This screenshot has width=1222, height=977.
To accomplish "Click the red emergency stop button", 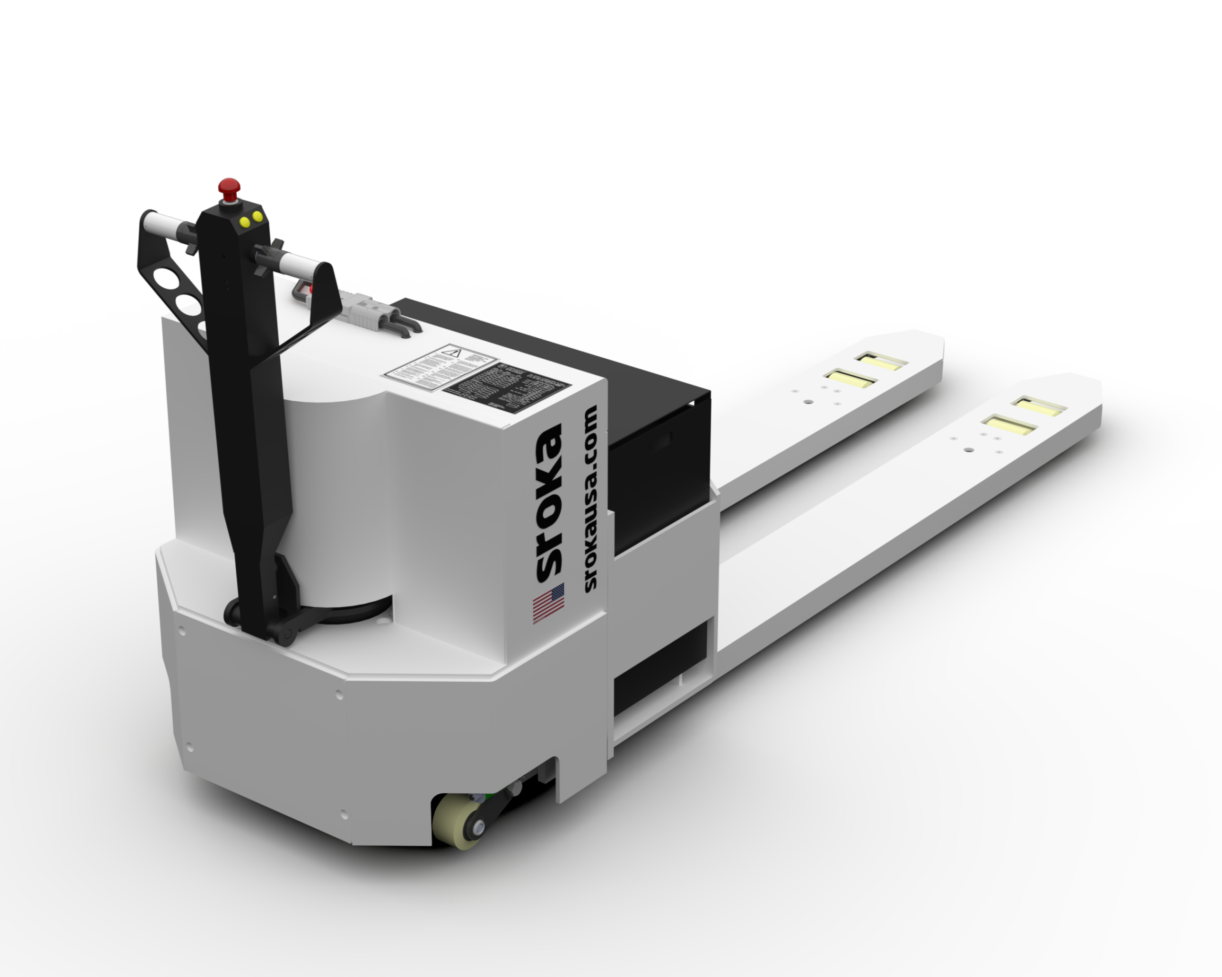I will (x=229, y=187).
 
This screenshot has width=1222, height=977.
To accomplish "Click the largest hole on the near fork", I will (x=969, y=450).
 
